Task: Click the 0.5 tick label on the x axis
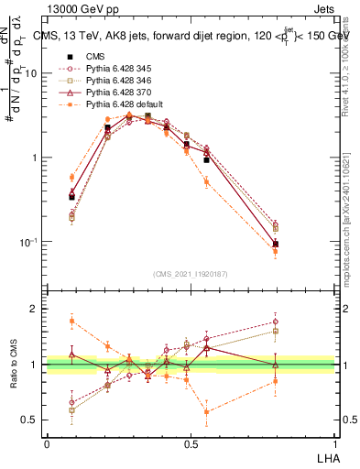191,444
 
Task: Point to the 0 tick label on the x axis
47,444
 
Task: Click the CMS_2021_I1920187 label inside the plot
190,274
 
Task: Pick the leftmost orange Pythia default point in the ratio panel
72,321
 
